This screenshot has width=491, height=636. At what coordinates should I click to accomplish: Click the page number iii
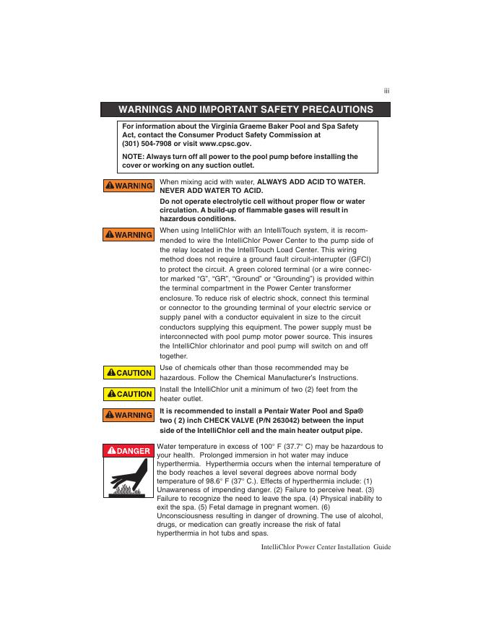pos(386,91)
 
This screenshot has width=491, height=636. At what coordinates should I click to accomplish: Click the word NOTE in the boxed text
pos(132,156)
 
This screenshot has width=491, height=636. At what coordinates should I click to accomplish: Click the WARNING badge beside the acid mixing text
pos(128,186)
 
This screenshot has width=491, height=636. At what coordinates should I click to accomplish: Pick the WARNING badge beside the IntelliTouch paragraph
pos(128,235)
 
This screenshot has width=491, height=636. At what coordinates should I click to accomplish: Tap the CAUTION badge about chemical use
pos(128,373)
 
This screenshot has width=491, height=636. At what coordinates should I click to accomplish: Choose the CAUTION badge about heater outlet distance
pos(128,394)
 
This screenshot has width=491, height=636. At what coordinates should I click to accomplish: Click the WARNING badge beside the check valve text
pos(128,415)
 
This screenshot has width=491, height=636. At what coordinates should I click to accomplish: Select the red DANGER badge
pos(128,451)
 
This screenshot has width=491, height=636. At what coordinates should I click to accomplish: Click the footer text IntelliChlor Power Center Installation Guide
pos(325,547)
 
